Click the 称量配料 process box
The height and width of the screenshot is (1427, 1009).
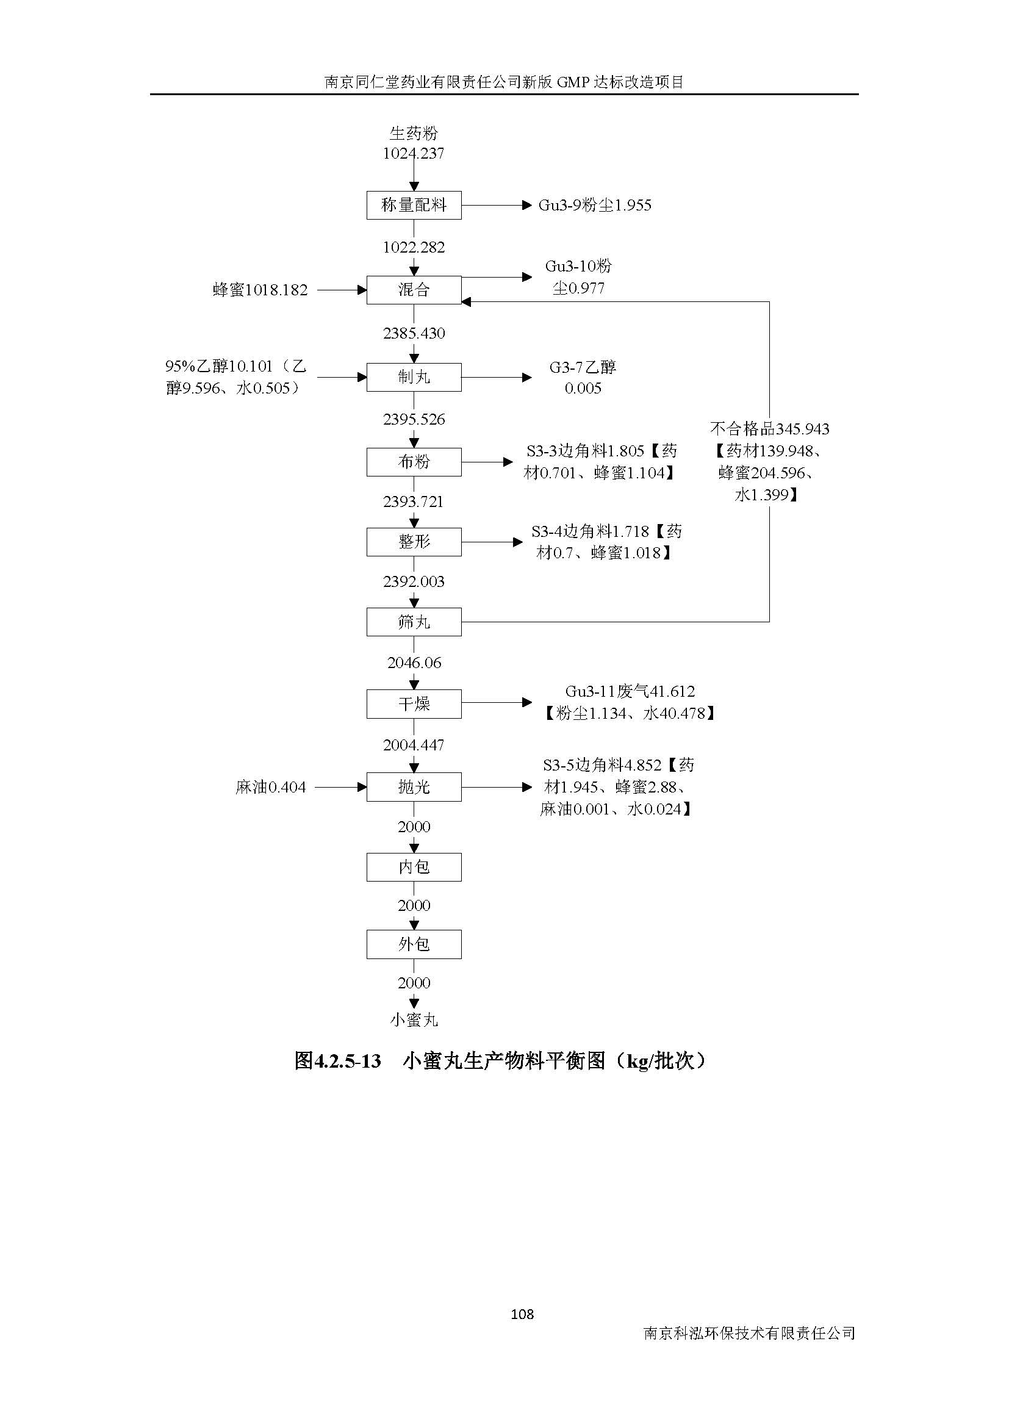click(414, 205)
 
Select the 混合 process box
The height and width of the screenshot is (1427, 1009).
click(414, 290)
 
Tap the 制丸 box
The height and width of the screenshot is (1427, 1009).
click(414, 377)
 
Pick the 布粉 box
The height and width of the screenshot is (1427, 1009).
click(414, 462)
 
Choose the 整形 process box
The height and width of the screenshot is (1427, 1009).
click(414, 542)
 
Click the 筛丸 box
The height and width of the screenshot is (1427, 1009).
click(414, 622)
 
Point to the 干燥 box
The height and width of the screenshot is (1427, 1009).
click(414, 703)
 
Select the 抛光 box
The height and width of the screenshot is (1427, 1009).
click(414, 787)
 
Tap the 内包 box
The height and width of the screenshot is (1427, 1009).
click(414, 867)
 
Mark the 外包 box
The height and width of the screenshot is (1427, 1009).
click(414, 944)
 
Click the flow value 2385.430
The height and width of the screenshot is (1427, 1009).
click(414, 333)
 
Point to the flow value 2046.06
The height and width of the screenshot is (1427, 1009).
click(414, 663)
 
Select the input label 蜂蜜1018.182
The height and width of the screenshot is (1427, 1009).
click(260, 290)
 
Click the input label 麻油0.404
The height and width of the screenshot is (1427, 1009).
click(271, 788)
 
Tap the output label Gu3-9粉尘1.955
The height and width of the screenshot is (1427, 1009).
click(595, 206)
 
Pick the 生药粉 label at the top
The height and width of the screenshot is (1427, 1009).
click(414, 133)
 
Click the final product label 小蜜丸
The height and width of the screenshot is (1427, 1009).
click(414, 1020)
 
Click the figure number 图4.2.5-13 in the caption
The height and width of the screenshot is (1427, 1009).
click(337, 1062)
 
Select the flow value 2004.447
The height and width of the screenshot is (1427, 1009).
click(414, 745)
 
